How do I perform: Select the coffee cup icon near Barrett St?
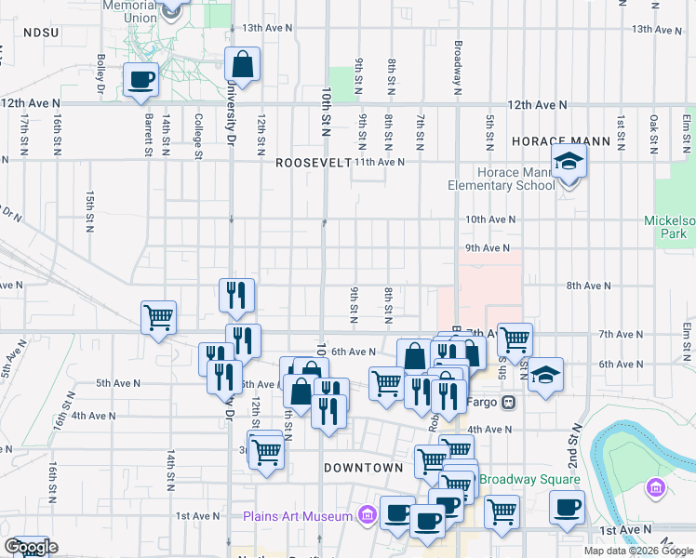click(x=141, y=80)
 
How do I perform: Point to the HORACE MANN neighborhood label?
click(x=560, y=142)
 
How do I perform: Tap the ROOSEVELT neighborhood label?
click(x=313, y=162)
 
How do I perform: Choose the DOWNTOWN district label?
click(x=363, y=468)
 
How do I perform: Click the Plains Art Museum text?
click(x=298, y=516)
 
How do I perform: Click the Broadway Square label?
click(x=530, y=480)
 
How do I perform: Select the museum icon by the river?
click(x=655, y=487)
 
